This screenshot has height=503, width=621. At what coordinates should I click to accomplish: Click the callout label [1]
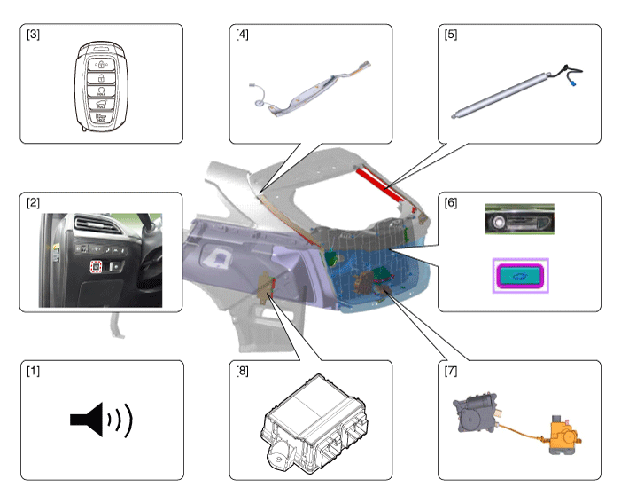pyautogui.click(x=33, y=372)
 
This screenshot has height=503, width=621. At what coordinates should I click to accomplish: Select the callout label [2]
pyautogui.click(x=33, y=204)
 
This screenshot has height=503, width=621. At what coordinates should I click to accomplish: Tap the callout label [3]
pyautogui.click(x=33, y=35)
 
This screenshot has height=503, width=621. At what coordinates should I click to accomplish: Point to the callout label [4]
pyautogui.click(x=242, y=35)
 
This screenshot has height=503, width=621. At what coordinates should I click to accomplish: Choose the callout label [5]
pyautogui.click(x=451, y=35)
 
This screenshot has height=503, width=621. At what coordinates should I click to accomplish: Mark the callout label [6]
pyautogui.click(x=451, y=204)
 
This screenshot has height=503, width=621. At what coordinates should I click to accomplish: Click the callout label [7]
pyautogui.click(x=451, y=372)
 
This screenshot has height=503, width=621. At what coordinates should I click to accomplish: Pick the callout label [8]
pyautogui.click(x=242, y=372)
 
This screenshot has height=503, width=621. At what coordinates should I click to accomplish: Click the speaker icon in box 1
pyautogui.click(x=100, y=420)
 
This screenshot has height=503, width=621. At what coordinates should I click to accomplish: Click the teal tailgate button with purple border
pyautogui.click(x=521, y=275)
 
